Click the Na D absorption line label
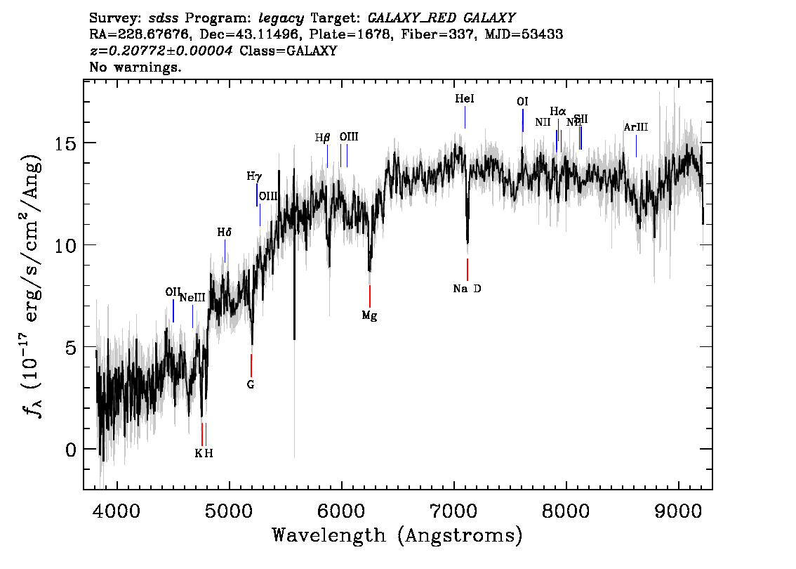[x=467, y=289]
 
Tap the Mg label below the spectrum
[x=369, y=315]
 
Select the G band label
[x=251, y=384]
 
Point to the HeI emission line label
[x=465, y=99]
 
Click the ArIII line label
[x=636, y=127]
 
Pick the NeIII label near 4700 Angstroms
[x=192, y=298]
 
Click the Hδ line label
[x=224, y=231]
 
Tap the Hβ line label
[x=322, y=138]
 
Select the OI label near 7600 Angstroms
[x=522, y=102]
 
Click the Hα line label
[x=558, y=111]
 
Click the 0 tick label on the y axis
[x=69, y=450]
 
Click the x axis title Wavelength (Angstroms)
[x=397, y=535]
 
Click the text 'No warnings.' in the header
[x=136, y=67]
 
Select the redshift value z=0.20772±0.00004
[x=161, y=51]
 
